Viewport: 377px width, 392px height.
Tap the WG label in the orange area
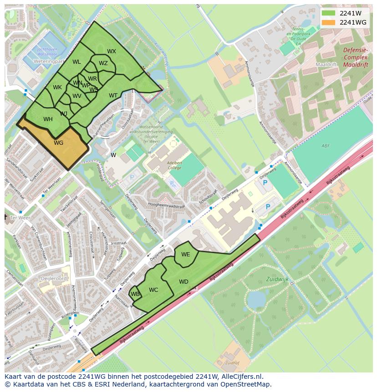coord(58,143)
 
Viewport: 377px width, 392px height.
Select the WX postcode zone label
coord(112,51)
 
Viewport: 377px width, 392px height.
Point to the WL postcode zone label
coord(76,62)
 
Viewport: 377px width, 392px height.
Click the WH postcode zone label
coord(48,119)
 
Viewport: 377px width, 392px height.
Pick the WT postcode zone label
coord(113,96)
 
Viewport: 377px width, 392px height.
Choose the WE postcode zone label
coord(185,255)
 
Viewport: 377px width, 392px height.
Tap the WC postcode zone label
coord(153,290)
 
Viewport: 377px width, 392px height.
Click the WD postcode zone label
coord(183,282)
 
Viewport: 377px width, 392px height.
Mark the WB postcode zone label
coord(135,294)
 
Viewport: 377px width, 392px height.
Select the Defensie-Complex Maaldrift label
coord(356,58)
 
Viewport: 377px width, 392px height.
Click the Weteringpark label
coord(48,60)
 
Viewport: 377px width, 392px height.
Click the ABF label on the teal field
coord(325,146)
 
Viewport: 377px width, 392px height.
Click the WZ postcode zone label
coord(103,63)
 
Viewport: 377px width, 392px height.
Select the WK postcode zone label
coord(57,87)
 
